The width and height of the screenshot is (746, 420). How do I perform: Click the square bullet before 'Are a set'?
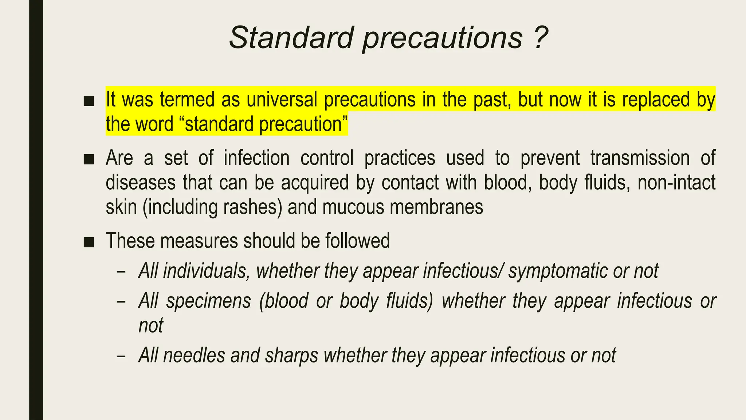tap(89, 159)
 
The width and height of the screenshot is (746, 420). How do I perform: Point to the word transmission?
tap(640, 158)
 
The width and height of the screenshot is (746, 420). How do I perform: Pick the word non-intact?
tap(676, 182)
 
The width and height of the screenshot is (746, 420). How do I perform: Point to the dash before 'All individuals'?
tap(121, 272)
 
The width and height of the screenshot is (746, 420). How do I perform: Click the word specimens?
tap(209, 302)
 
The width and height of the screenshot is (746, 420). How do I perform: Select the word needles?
tap(194, 355)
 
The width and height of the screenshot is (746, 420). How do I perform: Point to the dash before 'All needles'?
tap(121, 356)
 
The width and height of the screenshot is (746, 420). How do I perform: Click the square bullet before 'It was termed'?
tap(89, 101)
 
